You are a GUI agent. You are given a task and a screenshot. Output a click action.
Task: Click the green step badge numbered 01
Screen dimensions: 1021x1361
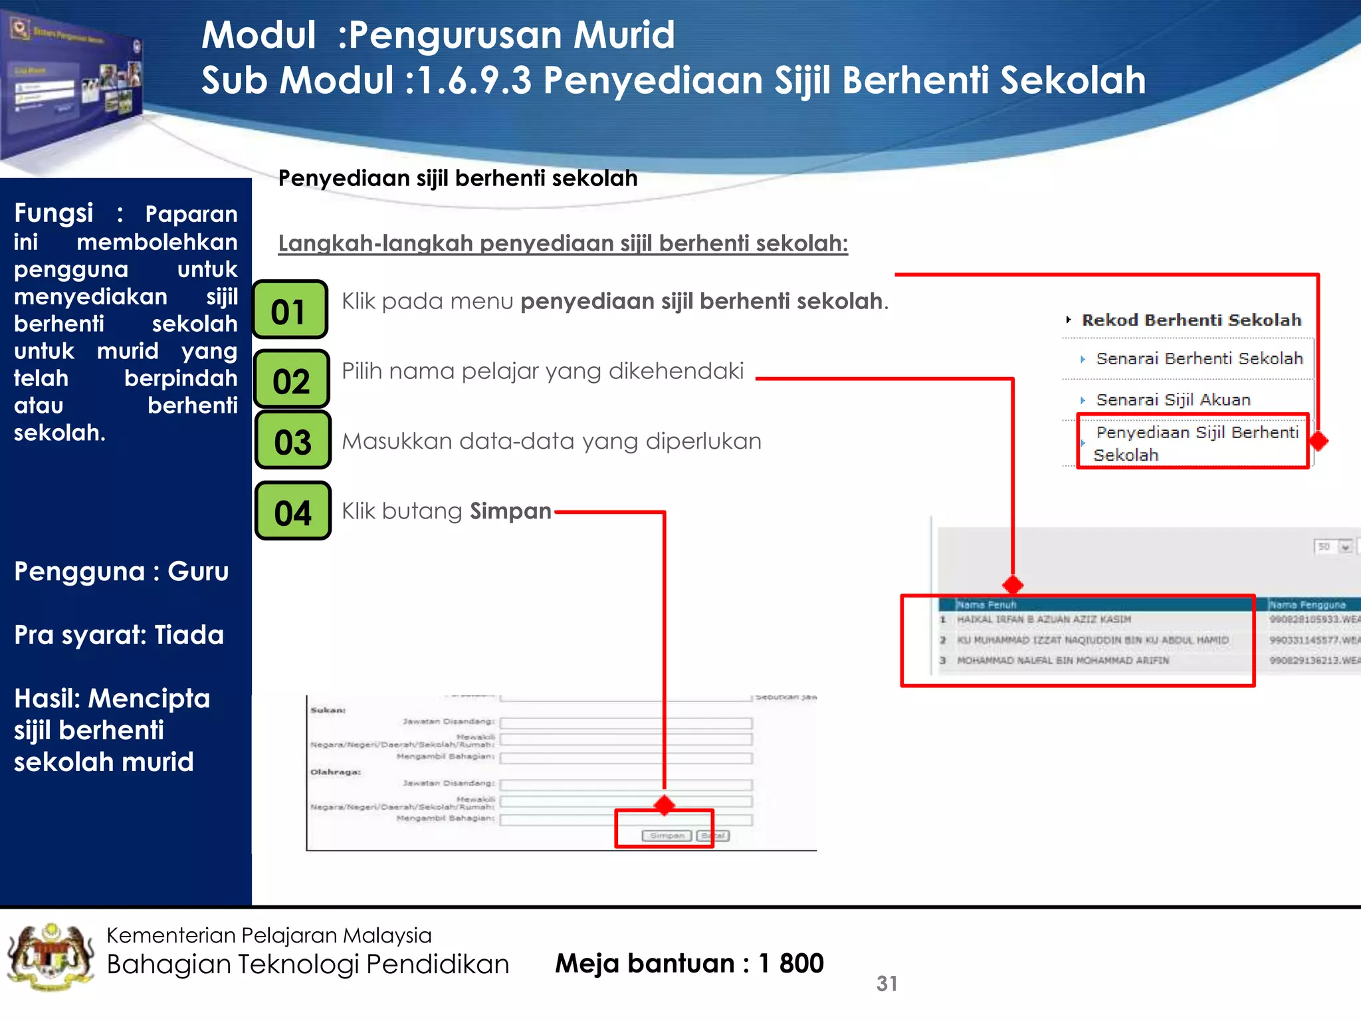(x=290, y=310)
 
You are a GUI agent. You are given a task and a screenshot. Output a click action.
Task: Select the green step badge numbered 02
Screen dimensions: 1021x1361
(x=292, y=380)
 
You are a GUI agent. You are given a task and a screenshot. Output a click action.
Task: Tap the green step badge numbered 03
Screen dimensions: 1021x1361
(x=293, y=441)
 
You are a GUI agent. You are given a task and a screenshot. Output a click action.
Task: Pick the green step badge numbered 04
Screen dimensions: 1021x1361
(x=293, y=511)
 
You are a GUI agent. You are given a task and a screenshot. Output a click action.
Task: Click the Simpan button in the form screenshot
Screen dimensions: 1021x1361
(x=666, y=836)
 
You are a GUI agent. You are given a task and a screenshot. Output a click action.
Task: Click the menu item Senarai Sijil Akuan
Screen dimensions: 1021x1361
(x=1172, y=399)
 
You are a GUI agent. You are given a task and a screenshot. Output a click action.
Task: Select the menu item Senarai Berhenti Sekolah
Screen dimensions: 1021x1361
(x=1198, y=359)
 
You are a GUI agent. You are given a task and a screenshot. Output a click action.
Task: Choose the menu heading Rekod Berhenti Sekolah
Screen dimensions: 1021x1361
(x=1190, y=320)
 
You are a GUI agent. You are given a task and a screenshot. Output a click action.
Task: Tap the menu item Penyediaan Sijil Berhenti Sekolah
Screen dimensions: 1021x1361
(x=1195, y=443)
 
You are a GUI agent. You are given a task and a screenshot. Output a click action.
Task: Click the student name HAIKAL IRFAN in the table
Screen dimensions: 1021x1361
(x=1043, y=620)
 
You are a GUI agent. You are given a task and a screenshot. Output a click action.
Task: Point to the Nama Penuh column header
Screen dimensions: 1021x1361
(x=986, y=605)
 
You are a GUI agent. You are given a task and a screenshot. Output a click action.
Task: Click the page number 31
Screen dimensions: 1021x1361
(x=887, y=983)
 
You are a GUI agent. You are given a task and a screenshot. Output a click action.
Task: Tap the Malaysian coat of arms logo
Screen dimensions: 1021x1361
(x=51, y=957)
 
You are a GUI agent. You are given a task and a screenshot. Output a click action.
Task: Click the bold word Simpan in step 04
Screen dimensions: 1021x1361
(x=510, y=511)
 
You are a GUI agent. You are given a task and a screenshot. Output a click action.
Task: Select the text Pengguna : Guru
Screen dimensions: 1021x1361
(x=122, y=572)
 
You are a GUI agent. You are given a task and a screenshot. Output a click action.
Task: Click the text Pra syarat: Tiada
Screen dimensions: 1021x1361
(x=119, y=635)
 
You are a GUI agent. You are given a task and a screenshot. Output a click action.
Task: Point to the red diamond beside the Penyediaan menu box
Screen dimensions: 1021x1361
(x=1318, y=441)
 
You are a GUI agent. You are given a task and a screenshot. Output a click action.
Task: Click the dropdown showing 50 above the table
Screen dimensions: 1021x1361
(x=1332, y=546)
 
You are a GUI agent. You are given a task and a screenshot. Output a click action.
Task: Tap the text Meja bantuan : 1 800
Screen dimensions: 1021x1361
(x=689, y=963)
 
